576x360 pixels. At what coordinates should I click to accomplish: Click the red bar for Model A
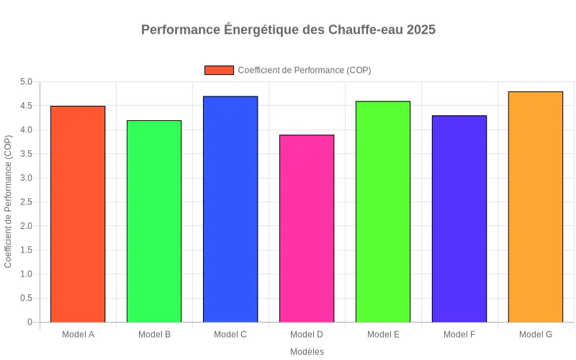pyautogui.click(x=78, y=214)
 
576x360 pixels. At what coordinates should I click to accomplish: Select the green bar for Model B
pyautogui.click(x=154, y=221)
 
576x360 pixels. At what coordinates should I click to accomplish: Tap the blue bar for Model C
pyautogui.click(x=230, y=209)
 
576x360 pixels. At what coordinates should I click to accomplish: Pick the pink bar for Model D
pyautogui.click(x=307, y=228)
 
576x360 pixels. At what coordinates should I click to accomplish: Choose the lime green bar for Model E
pyautogui.click(x=383, y=212)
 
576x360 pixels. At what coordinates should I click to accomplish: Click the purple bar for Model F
pyautogui.click(x=459, y=219)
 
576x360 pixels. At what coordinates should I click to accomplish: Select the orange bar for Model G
pyautogui.click(x=536, y=207)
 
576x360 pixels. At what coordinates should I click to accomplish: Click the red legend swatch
pyautogui.click(x=219, y=70)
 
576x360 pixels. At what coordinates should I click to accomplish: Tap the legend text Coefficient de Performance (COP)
pyautogui.click(x=304, y=70)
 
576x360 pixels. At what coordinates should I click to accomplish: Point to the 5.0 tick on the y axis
pyautogui.click(x=25, y=82)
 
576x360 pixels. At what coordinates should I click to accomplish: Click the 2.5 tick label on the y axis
pyautogui.click(x=25, y=202)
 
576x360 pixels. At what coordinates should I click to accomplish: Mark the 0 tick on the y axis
pyautogui.click(x=30, y=323)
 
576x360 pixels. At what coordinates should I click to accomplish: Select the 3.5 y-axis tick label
pyautogui.click(x=25, y=154)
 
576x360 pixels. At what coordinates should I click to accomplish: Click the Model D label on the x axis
pyautogui.click(x=307, y=335)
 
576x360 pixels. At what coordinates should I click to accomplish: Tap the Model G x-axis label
pyautogui.click(x=536, y=335)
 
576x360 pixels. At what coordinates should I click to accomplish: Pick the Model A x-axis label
pyautogui.click(x=78, y=335)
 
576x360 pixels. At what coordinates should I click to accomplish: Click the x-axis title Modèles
pyautogui.click(x=307, y=352)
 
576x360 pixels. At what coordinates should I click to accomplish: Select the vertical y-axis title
pyautogui.click(x=9, y=202)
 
